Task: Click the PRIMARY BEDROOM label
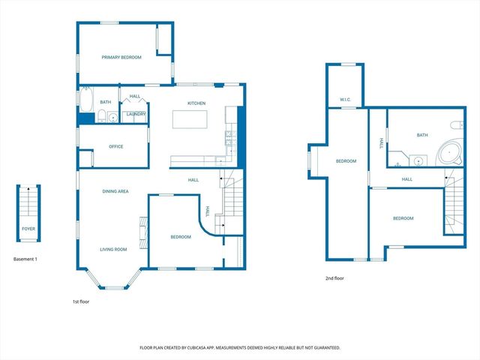121,57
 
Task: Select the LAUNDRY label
136,115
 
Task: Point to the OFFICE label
115,146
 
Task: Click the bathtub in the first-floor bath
85,99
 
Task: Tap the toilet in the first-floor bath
100,115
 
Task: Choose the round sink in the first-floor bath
112,116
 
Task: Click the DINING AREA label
115,191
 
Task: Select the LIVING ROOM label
114,249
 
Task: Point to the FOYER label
28,229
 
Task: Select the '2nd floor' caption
334,278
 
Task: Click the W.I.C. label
345,99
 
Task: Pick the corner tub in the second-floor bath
451,153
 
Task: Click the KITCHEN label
196,103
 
